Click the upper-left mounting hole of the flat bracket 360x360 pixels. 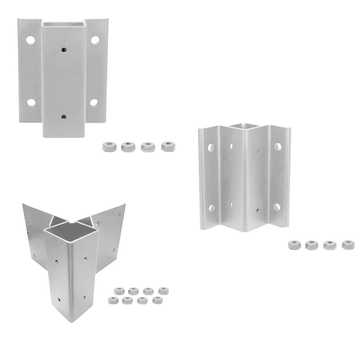click(x=30, y=40)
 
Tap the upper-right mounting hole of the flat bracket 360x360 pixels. click(x=95, y=40)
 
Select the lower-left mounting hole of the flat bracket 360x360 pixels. click(x=30, y=102)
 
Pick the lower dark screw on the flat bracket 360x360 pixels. click(x=63, y=116)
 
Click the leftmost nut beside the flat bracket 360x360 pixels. click(x=108, y=146)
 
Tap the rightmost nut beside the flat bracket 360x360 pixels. click(x=168, y=146)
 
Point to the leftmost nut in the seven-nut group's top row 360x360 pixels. click(x=119, y=290)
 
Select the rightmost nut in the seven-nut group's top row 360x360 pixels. click(x=164, y=290)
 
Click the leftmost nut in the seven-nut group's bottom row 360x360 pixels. click(x=112, y=300)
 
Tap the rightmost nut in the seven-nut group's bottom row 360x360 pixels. click(x=157, y=300)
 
